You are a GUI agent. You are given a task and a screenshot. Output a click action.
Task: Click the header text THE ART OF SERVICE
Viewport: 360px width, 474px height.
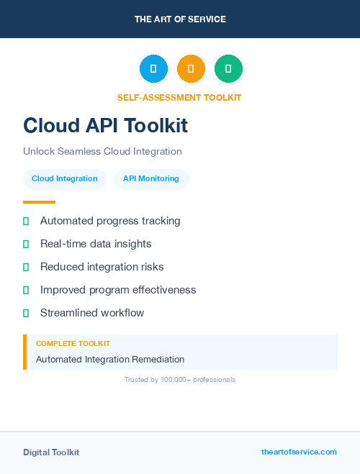[180, 19]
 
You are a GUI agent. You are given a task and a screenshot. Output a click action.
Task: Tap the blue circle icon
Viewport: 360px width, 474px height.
[153, 69]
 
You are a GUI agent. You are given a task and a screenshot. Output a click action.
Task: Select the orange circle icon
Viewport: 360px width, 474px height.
[191, 69]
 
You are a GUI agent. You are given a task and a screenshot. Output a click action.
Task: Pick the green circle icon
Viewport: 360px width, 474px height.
[228, 69]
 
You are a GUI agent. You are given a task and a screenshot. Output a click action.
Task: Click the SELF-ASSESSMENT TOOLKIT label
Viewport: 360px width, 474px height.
[180, 98]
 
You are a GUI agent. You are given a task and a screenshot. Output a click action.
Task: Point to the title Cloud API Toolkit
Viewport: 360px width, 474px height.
[105, 125]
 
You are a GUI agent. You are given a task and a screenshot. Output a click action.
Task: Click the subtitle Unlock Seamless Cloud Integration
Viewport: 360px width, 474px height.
[102, 152]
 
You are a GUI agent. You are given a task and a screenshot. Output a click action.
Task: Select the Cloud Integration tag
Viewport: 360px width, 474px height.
[65, 179]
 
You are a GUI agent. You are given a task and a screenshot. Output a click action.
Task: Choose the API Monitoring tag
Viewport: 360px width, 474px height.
[151, 179]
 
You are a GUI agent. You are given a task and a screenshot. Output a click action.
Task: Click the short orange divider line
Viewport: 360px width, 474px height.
[39, 202]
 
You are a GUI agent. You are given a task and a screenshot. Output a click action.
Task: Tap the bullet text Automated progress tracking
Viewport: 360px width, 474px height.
[110, 221]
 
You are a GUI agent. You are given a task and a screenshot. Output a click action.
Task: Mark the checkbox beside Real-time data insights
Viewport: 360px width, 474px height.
[26, 245]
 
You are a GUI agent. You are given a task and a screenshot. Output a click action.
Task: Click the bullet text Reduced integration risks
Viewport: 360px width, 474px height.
[102, 267]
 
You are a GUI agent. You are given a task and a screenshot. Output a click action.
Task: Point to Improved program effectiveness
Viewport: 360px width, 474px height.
[118, 290]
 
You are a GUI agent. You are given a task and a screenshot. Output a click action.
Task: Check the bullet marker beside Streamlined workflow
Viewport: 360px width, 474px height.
[26, 313]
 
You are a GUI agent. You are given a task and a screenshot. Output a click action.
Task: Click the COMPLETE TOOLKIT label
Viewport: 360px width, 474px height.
[73, 344]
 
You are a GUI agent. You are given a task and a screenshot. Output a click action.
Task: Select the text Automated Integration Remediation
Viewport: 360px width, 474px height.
[110, 359]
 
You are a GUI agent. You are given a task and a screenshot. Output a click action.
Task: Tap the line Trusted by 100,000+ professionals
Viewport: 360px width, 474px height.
[180, 379]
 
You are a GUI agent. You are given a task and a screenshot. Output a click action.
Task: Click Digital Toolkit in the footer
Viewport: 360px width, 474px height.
[51, 452]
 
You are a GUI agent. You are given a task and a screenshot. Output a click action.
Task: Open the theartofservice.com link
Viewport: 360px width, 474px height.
[299, 452]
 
